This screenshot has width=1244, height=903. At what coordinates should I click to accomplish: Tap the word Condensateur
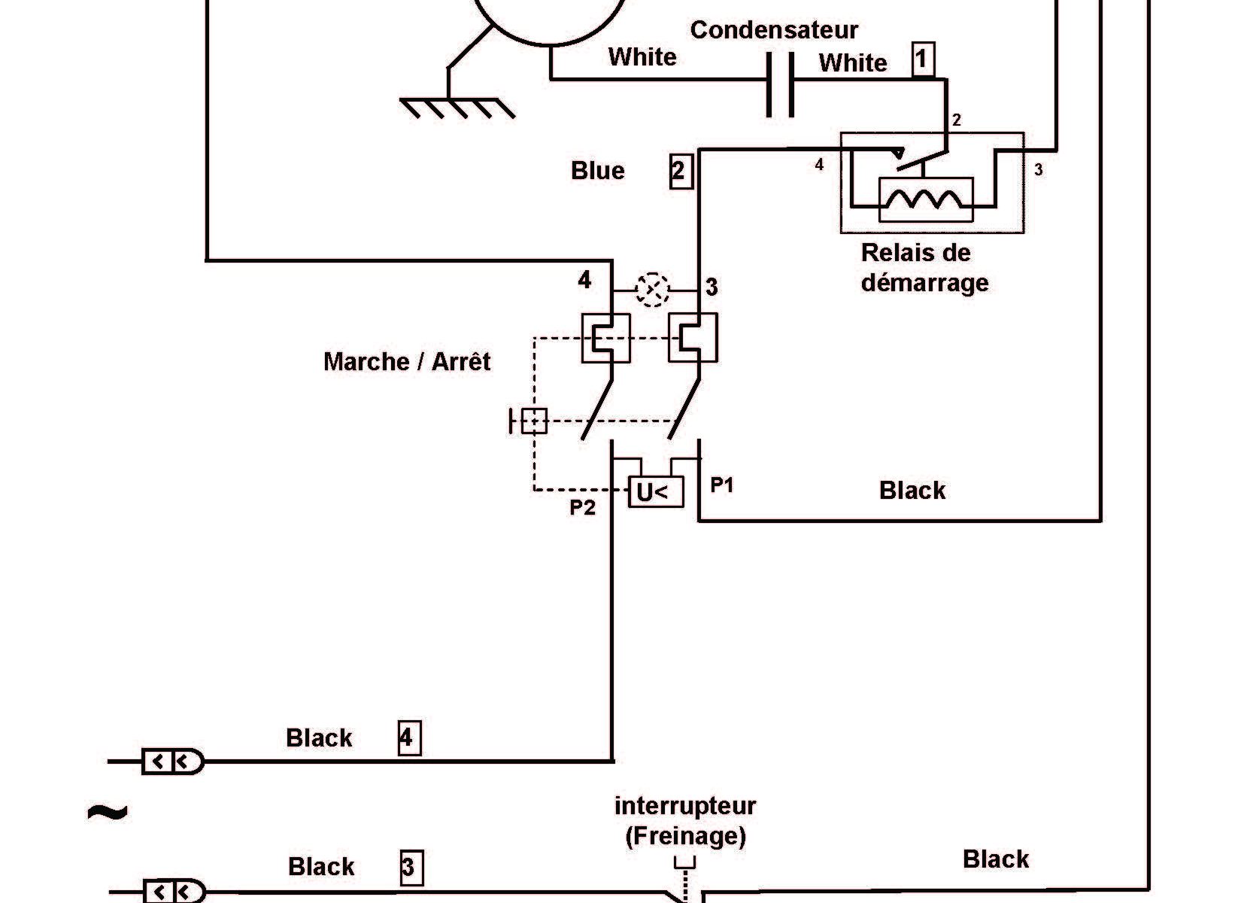click(774, 30)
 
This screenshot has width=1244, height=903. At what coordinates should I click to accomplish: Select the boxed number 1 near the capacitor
click(923, 59)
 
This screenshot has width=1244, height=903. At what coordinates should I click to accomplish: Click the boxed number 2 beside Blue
click(680, 171)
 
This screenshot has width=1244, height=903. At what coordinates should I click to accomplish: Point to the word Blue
click(598, 171)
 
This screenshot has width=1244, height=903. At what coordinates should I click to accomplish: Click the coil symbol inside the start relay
click(925, 199)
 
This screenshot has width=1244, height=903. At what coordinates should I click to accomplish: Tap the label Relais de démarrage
click(924, 268)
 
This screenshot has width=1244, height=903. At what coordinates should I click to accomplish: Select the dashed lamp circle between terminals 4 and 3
click(652, 290)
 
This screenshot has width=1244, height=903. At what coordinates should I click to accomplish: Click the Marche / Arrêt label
click(406, 362)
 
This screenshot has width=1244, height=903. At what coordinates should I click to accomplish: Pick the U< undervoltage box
click(655, 492)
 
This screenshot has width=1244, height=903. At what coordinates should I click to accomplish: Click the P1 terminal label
click(721, 485)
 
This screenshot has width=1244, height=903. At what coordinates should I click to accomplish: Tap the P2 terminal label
click(582, 508)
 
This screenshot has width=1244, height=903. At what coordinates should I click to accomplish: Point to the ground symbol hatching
click(457, 108)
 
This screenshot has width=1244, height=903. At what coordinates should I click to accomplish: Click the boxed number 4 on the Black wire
click(408, 738)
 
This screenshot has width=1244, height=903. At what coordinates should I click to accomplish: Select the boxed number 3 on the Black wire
click(410, 868)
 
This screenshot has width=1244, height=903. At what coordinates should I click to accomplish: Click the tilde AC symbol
click(108, 813)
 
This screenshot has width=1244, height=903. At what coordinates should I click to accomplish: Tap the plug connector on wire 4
click(172, 762)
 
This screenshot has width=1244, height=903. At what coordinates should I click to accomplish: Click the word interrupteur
click(685, 807)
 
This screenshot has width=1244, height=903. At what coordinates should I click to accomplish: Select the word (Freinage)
click(685, 836)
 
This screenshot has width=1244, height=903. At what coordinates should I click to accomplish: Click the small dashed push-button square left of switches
click(533, 421)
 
